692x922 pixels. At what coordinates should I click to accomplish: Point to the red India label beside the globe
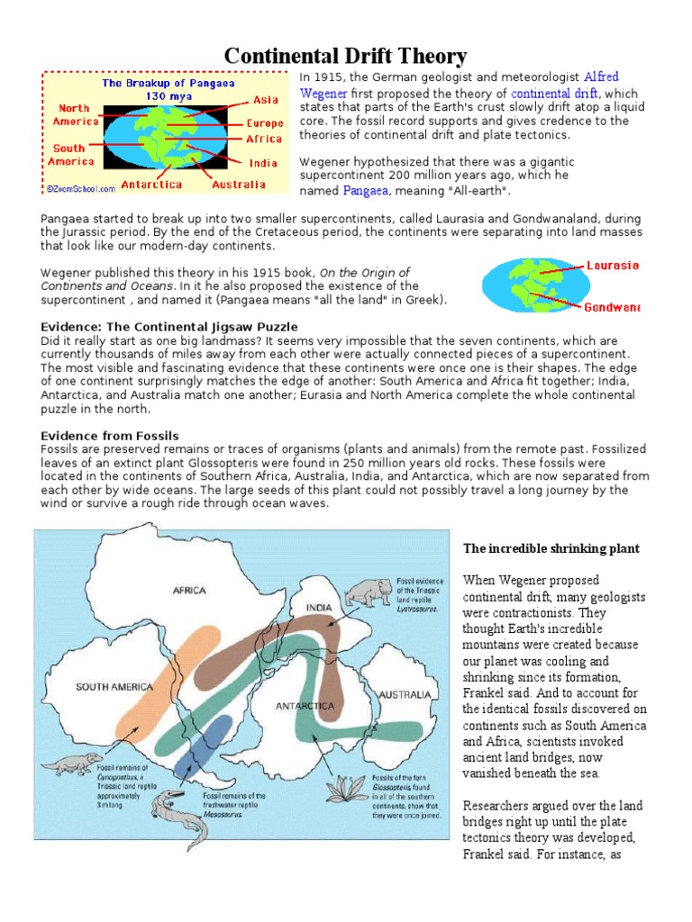(264, 163)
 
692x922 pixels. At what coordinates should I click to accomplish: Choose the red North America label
(74, 114)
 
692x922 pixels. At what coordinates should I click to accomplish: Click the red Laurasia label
(612, 266)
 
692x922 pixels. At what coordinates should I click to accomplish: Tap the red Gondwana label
(612, 307)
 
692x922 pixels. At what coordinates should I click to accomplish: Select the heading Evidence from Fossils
(110, 436)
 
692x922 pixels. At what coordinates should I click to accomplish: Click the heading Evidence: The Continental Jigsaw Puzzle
(169, 326)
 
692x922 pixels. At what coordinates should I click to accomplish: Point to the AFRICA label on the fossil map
(189, 591)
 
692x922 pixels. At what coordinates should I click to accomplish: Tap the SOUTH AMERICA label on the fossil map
(114, 686)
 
